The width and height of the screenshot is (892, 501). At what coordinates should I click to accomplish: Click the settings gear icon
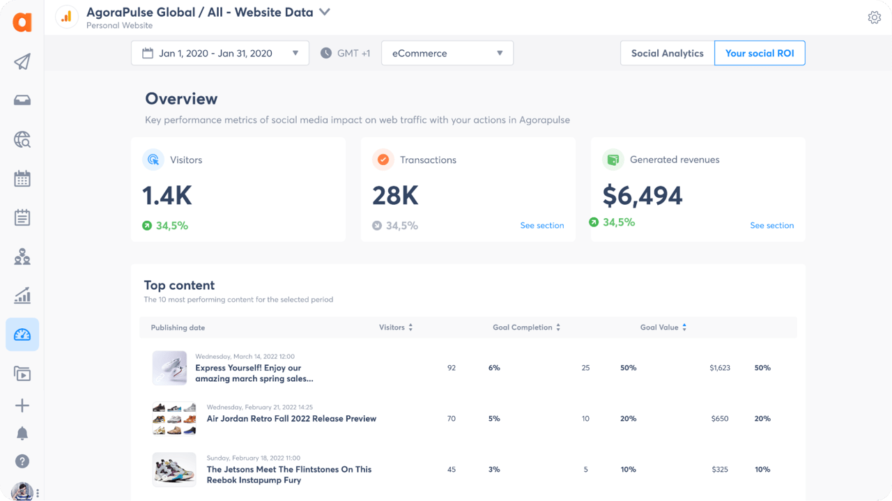[x=874, y=17]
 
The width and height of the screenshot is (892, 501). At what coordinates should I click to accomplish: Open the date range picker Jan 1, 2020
[x=220, y=53]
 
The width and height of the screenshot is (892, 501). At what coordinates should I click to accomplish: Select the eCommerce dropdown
[x=447, y=53]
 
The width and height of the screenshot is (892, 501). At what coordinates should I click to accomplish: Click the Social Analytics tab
[x=667, y=53]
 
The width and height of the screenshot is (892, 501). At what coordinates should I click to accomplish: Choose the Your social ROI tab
[x=759, y=53]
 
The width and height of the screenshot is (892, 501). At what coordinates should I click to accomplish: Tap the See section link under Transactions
[x=541, y=225]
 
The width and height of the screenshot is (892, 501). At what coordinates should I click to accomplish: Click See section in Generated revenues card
[x=771, y=225]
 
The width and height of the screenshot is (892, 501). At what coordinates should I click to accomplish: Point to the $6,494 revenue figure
[x=642, y=196]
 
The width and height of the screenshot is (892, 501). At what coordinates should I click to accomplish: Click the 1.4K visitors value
[x=167, y=196]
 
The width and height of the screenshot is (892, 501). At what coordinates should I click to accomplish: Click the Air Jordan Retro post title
[x=291, y=419]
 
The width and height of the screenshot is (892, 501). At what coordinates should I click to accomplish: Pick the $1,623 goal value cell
[x=720, y=367]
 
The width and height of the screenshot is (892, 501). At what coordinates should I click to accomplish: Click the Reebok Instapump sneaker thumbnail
[x=174, y=470]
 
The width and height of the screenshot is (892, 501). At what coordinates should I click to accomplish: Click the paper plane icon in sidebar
[x=22, y=62]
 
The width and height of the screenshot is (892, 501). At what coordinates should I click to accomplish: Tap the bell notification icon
[x=22, y=433]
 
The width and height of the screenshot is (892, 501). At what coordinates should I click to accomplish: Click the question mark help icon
[x=22, y=461]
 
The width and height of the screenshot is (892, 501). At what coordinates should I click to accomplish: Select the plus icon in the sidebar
[x=22, y=406]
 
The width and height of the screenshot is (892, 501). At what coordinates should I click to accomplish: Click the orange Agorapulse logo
[x=22, y=22]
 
